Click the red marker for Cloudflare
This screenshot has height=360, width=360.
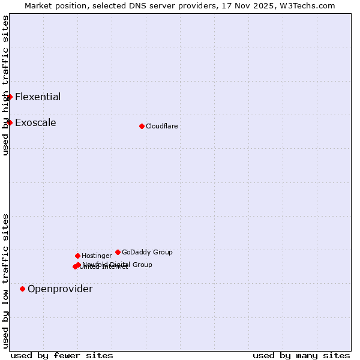[x=142, y=126]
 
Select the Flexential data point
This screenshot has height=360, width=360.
[x=10, y=97]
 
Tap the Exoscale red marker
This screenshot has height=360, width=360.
[x=10, y=122]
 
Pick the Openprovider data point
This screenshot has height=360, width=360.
[x=23, y=289]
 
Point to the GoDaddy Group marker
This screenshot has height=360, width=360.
[x=118, y=252]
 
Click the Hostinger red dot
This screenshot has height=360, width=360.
[x=77, y=256]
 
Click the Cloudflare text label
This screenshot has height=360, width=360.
[x=161, y=126]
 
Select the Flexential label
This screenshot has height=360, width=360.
[x=38, y=97]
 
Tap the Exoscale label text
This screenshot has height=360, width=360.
[x=35, y=122]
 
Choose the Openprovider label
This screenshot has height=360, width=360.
[x=60, y=289]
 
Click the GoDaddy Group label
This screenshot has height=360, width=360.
[x=147, y=252]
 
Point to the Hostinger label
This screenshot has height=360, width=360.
[x=97, y=256]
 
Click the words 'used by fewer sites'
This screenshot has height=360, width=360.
[x=62, y=355]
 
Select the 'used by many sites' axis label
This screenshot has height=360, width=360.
[x=301, y=355]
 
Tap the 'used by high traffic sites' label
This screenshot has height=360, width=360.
[x=5, y=85]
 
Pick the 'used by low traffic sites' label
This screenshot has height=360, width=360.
[x=5, y=281]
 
